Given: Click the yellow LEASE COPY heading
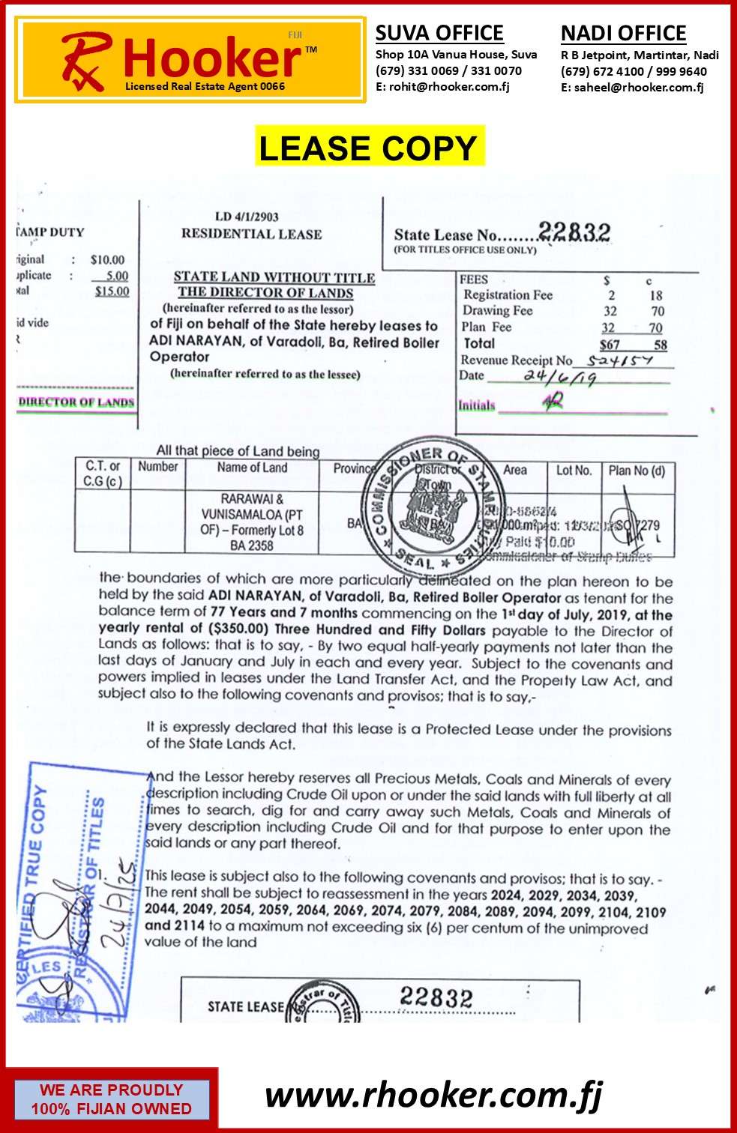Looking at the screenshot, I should (x=368, y=148).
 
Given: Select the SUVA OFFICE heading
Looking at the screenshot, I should (x=439, y=33).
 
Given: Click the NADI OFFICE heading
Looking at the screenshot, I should (x=623, y=34).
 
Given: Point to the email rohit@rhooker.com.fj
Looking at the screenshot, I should (x=442, y=87).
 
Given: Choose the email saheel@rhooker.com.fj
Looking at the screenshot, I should (x=632, y=88).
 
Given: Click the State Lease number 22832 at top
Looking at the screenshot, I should (x=574, y=232).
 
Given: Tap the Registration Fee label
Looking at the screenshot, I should (x=508, y=295).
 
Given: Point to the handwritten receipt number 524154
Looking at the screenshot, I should (x=620, y=360).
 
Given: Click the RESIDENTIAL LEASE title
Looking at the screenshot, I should (x=251, y=234).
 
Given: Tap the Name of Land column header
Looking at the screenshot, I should (x=252, y=468).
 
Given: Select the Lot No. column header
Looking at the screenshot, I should (x=574, y=471).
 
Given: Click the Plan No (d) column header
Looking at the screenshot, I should (x=637, y=471).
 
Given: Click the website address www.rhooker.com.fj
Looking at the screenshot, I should (x=433, y=1096).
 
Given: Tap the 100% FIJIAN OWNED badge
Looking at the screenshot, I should (x=111, y=1099).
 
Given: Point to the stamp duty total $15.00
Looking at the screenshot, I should (x=112, y=291).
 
